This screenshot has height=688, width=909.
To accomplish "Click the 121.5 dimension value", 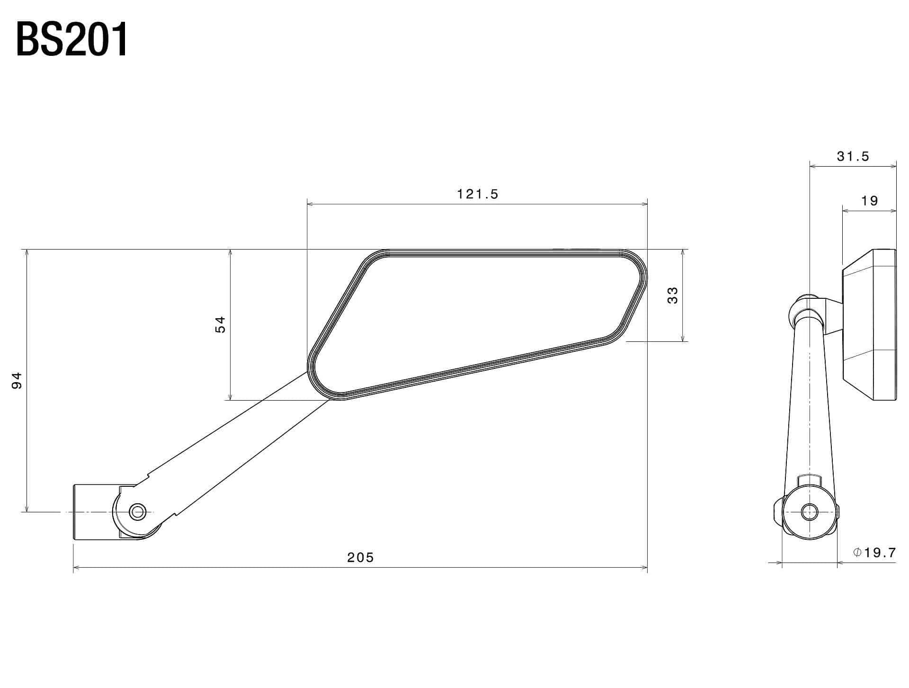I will (x=477, y=194).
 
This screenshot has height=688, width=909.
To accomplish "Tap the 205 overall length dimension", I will (x=360, y=557).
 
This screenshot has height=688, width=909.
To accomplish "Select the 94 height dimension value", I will (x=17, y=381).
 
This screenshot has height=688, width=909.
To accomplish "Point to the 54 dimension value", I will (x=221, y=325).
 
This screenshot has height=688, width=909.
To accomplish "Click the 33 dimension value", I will (x=672, y=295).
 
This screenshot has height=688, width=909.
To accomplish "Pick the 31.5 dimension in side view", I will (x=853, y=157).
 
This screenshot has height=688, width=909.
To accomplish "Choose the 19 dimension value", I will (x=870, y=201).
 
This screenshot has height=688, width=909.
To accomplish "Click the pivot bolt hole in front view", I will (x=138, y=511).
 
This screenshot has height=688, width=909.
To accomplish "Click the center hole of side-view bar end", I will (x=809, y=511).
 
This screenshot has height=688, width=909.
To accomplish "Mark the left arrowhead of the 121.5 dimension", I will (x=311, y=204).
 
